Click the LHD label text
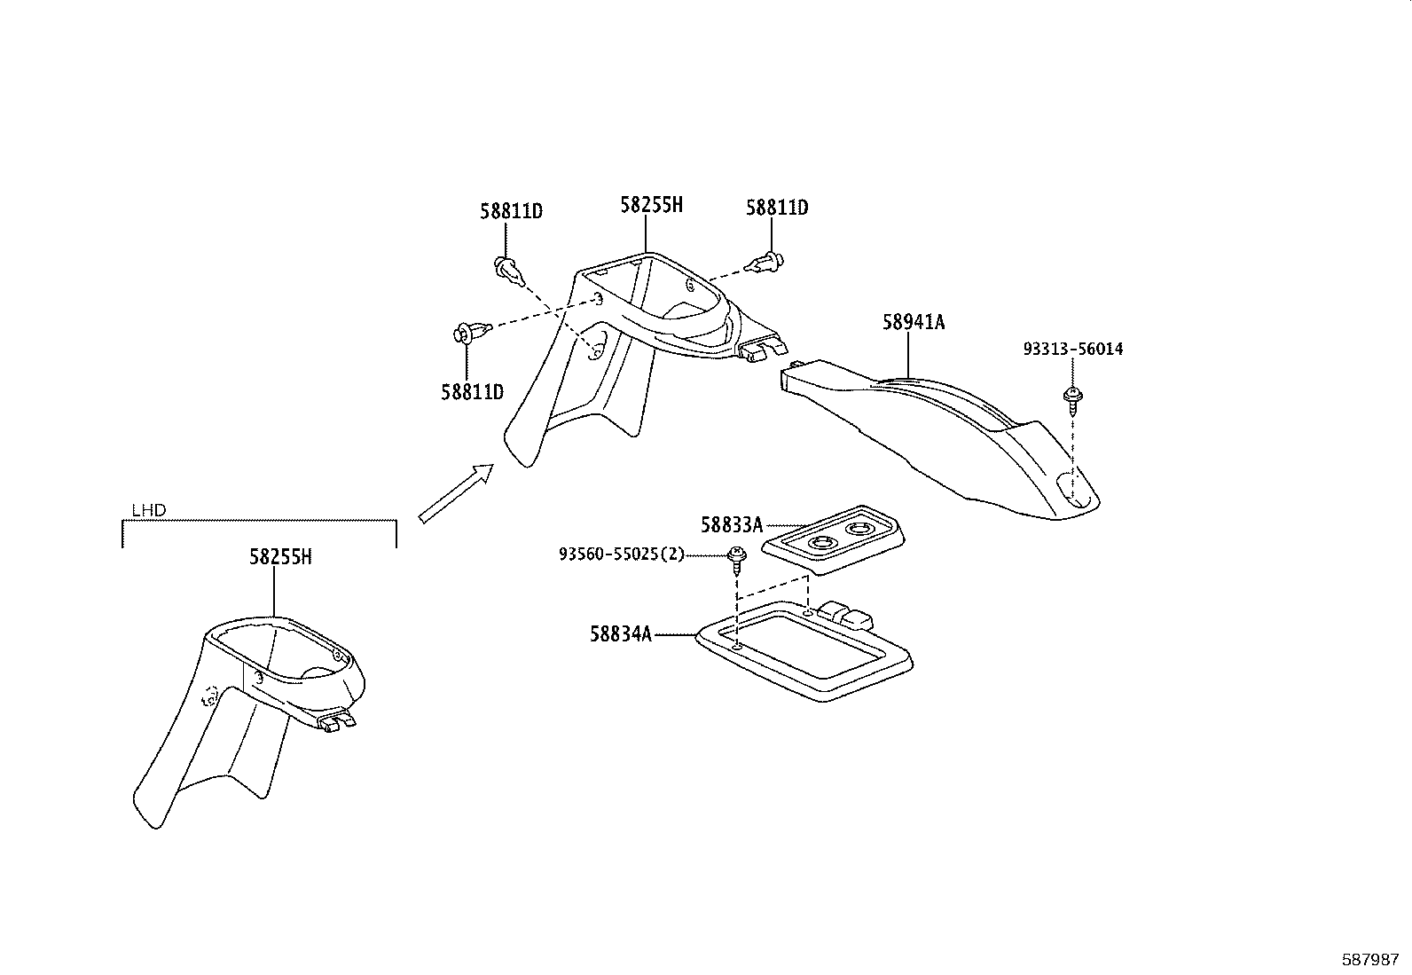pos(149,510)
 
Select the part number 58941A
pos(914,322)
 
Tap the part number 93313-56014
pos(1073,349)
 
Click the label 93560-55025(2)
pos(622,554)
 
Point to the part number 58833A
pos(732,524)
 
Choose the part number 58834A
pos(621,633)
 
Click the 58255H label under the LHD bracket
pos(280,557)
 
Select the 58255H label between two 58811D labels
pos(651,205)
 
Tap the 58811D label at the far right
pos(777,208)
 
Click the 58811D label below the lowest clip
pos(472,392)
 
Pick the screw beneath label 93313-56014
pos(1072,400)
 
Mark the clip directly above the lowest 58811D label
pos(472,332)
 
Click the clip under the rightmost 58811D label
pos(765,262)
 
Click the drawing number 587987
pos(1370,960)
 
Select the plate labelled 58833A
pos(834,540)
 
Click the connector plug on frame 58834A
pos(846,614)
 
